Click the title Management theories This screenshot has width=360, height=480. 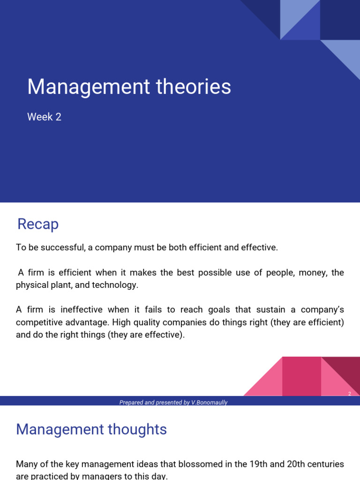(x=129, y=87)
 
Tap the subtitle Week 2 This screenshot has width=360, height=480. (x=44, y=117)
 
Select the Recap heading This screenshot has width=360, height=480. (x=38, y=225)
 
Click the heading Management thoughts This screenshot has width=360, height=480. (x=91, y=429)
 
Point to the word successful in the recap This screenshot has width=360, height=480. (x=64, y=247)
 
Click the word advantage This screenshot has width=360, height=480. (x=86, y=322)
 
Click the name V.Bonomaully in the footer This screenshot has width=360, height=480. (x=210, y=403)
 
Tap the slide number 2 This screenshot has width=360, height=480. (x=350, y=394)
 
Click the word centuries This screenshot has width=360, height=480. (x=327, y=464)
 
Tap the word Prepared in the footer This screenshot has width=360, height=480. (x=131, y=403)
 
